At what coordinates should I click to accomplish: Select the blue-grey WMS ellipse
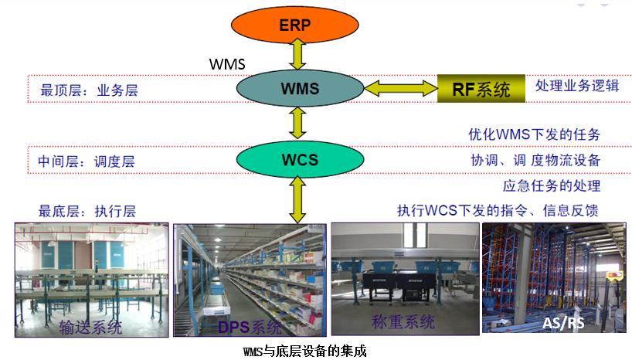click(x=299, y=89)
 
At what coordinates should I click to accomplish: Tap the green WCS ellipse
click(x=299, y=161)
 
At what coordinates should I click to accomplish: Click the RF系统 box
click(x=481, y=90)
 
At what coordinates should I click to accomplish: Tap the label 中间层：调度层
click(x=86, y=162)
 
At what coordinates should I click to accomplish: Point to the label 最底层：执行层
click(x=87, y=211)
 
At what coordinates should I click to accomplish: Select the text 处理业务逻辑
click(x=577, y=85)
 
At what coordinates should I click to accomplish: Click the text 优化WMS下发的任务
click(x=534, y=135)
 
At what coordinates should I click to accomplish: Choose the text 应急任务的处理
click(x=552, y=185)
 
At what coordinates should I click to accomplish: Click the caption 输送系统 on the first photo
click(x=90, y=327)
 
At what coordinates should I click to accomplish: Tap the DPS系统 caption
click(x=248, y=328)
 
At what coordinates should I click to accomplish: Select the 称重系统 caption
click(x=403, y=321)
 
